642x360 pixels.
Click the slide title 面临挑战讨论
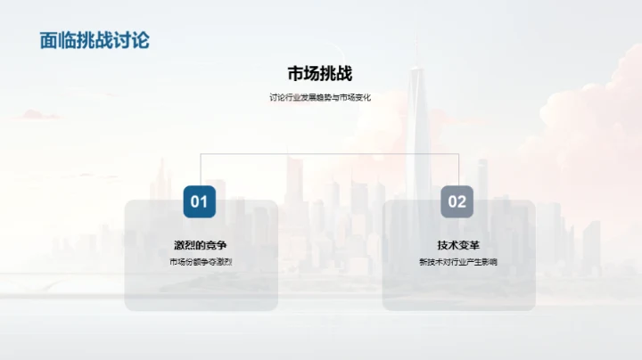point(95,40)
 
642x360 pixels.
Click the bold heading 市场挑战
point(320,74)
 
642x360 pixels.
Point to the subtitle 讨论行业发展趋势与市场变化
point(320,98)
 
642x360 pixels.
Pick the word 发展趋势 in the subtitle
point(311,98)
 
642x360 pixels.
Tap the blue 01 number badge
point(200,201)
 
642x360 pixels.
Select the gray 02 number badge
point(457,201)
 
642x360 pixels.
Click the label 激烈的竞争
point(200,245)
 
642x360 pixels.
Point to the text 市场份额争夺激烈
point(200,262)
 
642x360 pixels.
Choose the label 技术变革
point(457,245)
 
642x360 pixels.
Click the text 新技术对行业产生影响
point(457,262)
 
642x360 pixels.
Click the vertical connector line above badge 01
point(201,169)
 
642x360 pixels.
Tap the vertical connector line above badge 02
point(458,169)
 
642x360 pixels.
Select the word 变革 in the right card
point(467,245)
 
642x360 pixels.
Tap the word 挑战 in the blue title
point(95,40)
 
